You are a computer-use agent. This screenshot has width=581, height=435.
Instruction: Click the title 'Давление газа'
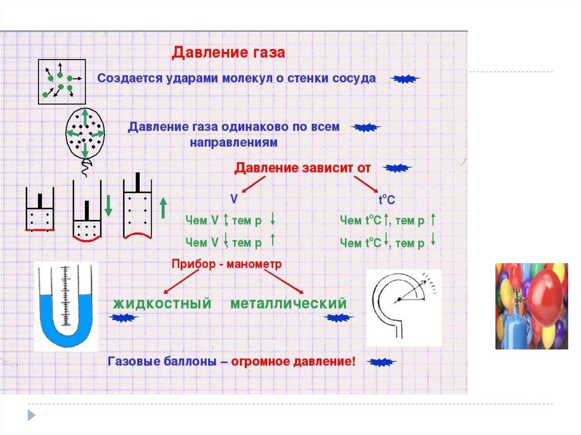pos(229,53)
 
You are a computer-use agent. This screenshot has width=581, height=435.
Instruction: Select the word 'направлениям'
pos(233,143)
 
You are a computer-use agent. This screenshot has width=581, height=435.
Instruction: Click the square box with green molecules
pos(62,82)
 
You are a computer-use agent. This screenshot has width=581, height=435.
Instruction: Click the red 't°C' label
pos(386,200)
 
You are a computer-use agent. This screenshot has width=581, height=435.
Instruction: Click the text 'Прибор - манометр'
pos(226,264)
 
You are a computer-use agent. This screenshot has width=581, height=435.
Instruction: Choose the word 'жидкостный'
pos(162,303)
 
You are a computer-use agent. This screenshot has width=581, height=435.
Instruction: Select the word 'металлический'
pos(288,303)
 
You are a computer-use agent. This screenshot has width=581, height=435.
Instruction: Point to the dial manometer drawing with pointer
pos(404,307)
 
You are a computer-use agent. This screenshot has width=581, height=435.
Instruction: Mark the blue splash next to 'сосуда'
pos(406,79)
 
